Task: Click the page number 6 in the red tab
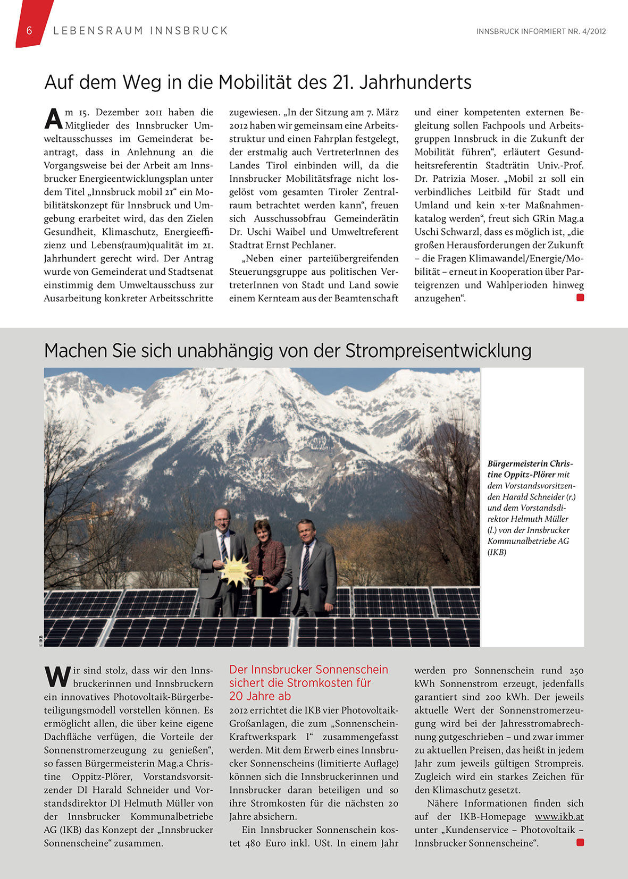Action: coord(29,31)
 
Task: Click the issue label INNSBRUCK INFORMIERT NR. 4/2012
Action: coord(541,31)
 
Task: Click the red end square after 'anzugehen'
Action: coord(580,298)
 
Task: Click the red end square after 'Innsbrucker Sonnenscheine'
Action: coord(580,842)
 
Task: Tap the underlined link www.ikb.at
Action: coord(559,817)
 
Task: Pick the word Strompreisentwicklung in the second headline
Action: coord(439,351)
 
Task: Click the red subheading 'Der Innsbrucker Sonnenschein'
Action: coord(308,670)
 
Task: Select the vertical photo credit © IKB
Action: coord(40,640)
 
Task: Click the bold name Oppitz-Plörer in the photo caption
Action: coord(521,475)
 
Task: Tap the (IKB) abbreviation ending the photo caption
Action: coord(497,552)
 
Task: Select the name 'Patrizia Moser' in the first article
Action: coord(465,179)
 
